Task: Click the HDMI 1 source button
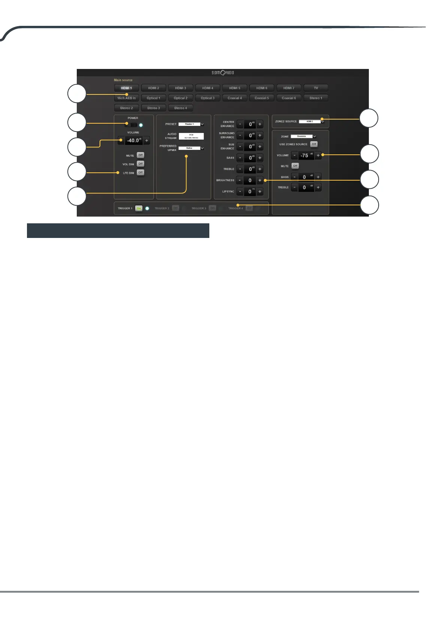[126, 88]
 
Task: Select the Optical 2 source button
[180, 98]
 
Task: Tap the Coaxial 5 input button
[262, 98]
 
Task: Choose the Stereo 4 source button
[180, 108]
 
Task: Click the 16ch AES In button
[126, 98]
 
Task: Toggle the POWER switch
[131, 125]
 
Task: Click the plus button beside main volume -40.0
[147, 141]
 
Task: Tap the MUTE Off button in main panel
[140, 155]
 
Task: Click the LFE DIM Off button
[140, 173]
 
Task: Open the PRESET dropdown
[191, 124]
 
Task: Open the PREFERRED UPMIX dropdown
[191, 148]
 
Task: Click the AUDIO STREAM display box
[191, 136]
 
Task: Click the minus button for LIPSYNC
[240, 191]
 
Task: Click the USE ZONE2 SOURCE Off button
[314, 144]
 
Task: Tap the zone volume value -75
[306, 156]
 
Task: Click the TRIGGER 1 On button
[139, 208]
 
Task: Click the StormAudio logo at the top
[223, 73]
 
